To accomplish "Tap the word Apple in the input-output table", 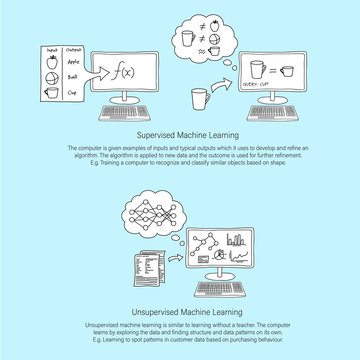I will [x=70, y=59].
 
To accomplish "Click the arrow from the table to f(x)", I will [x=96, y=71].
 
